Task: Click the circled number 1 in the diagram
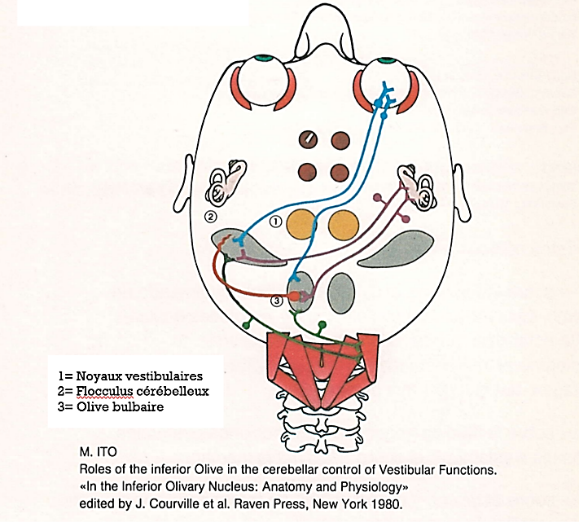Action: (275, 222)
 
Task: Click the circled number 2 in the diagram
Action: (210, 217)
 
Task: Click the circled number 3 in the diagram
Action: (277, 301)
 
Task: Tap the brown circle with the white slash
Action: (308, 140)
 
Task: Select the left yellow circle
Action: (301, 225)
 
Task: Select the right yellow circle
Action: (344, 225)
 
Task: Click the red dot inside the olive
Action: (294, 296)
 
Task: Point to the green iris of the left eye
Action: (262, 59)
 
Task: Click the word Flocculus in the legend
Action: (104, 391)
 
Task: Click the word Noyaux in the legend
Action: (99, 376)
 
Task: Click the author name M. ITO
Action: (98, 452)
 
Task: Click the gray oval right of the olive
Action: (341, 293)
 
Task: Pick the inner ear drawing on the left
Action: (226, 182)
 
